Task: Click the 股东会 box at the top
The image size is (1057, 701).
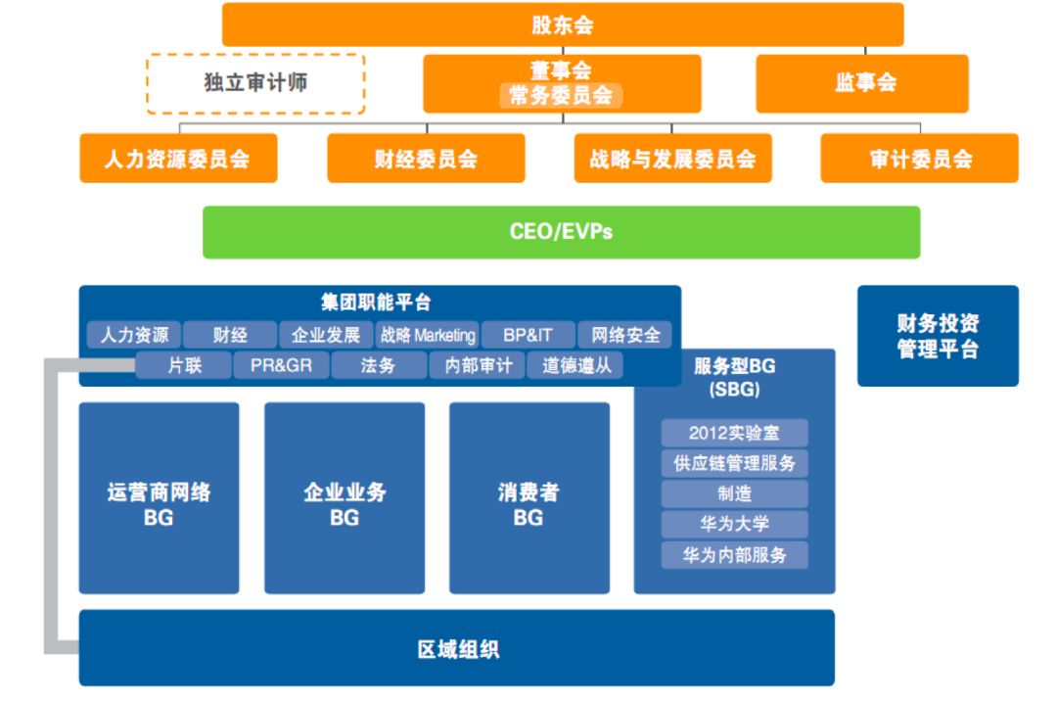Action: pyautogui.click(x=563, y=24)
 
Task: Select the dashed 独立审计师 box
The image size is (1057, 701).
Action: pyautogui.click(x=255, y=83)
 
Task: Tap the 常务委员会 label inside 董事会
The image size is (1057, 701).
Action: pyautogui.click(x=562, y=95)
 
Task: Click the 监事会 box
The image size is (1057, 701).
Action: pyautogui.click(x=862, y=83)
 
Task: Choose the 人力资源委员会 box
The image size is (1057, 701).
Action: pyautogui.click(x=177, y=159)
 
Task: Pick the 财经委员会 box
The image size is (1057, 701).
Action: pyautogui.click(x=426, y=159)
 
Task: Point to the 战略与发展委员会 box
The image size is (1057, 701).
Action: pyautogui.click(x=672, y=159)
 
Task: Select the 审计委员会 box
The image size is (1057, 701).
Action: pyautogui.click(x=920, y=159)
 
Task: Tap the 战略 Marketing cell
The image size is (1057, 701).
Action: pyautogui.click(x=428, y=335)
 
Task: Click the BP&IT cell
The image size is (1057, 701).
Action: pyautogui.click(x=528, y=335)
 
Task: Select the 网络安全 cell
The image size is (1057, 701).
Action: pyautogui.click(x=625, y=335)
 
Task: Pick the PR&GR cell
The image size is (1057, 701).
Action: pyautogui.click(x=282, y=366)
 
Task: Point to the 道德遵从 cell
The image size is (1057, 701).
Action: pyautogui.click(x=575, y=366)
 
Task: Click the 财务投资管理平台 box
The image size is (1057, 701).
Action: pyautogui.click(x=938, y=336)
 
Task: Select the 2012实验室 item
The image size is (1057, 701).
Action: pyautogui.click(x=734, y=433)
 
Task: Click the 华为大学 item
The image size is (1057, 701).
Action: pyautogui.click(x=734, y=524)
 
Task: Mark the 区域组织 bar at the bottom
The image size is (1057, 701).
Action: pyautogui.click(x=457, y=648)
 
